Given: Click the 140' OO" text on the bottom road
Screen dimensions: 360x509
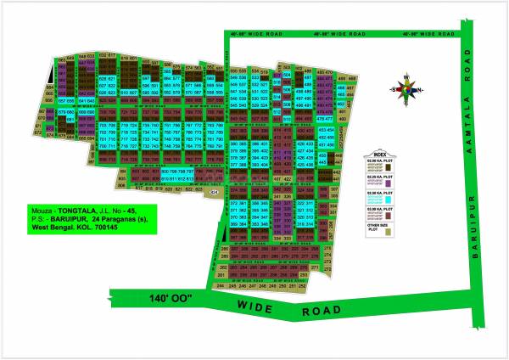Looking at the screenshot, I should click(x=164, y=299).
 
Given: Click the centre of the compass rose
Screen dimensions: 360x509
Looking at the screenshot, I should click(x=406, y=89).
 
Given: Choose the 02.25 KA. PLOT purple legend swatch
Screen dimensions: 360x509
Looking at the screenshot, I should click(x=389, y=183).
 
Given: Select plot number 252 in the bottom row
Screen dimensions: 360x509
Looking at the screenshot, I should click(x=303, y=288).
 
